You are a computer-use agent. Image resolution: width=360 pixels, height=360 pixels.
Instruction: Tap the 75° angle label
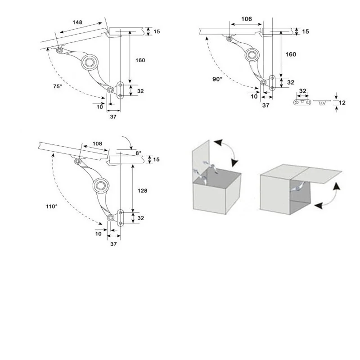tap(57, 86)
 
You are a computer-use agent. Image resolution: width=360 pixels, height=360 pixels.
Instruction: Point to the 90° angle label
tap(217, 79)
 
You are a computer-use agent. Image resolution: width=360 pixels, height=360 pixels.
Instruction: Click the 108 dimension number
tap(97, 144)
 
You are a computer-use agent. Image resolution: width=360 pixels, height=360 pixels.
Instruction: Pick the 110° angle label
tap(51, 206)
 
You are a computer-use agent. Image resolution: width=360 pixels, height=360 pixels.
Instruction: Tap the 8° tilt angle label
tap(139, 153)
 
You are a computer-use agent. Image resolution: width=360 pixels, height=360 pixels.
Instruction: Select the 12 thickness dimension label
tap(342, 103)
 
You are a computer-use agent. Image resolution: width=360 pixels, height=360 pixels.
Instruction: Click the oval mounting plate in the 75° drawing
tap(121, 90)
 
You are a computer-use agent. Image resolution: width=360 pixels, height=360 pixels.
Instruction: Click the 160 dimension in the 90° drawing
tap(291, 54)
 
